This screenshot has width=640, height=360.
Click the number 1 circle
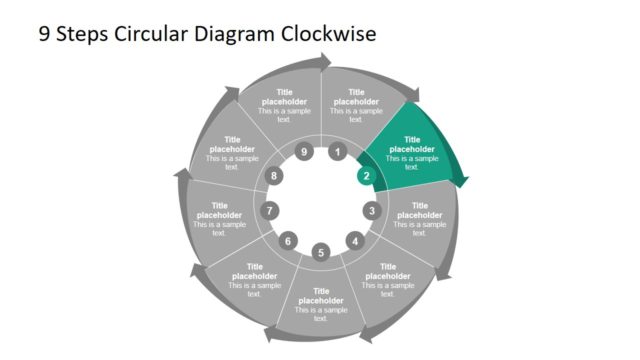[338, 152]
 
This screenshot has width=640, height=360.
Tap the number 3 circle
[372, 211]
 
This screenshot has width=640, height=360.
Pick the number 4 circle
[354, 241]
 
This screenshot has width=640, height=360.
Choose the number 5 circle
[321, 252]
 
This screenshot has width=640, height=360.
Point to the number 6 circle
[288, 241]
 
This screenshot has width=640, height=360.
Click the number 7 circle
[269, 211]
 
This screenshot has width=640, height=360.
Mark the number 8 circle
[275, 177]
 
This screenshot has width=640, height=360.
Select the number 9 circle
[304, 152]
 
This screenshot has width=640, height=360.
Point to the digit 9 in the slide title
[44, 34]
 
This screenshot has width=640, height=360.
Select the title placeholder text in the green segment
[412, 145]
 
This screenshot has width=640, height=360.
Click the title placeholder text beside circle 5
[321, 297]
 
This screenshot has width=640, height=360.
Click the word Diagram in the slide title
[231, 34]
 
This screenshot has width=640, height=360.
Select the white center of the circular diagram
[321, 200]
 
